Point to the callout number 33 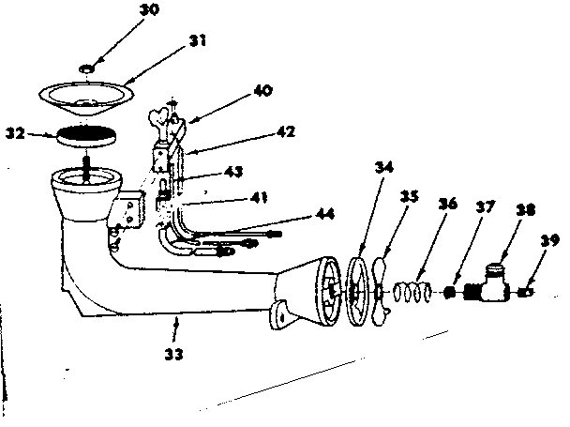tap(172, 355)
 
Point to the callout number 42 tap(284, 133)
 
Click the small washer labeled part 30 tap(88, 69)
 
